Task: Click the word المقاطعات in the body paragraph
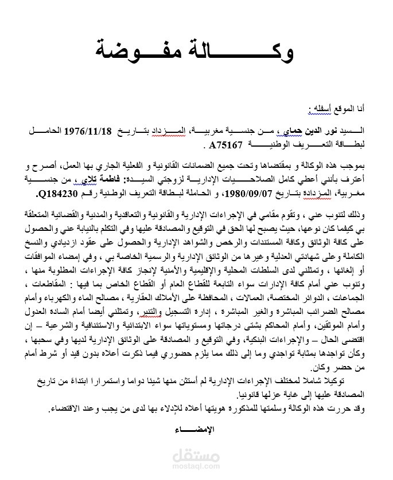point(48,285)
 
